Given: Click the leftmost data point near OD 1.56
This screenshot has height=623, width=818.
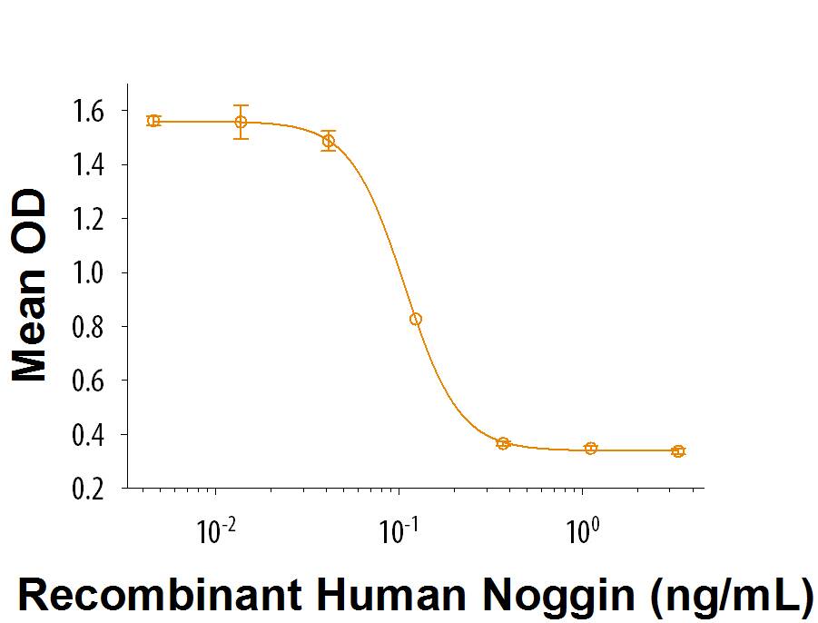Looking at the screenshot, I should [153, 121].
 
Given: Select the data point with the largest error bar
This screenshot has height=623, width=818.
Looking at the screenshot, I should [241, 122].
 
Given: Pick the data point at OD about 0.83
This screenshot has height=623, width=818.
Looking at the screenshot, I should [416, 319].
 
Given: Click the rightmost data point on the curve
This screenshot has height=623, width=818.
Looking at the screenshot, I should [678, 450].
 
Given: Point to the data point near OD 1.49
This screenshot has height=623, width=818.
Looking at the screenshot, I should [329, 141].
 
